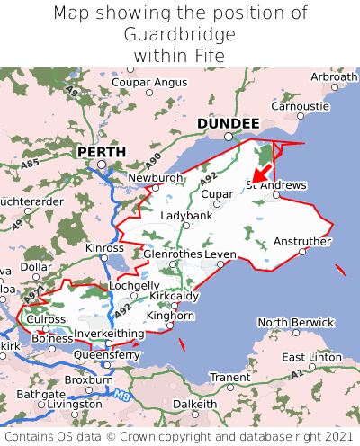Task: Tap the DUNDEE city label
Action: coord(228,123)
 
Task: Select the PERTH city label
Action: coord(102,152)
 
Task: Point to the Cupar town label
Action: coord(217,193)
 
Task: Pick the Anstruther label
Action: coord(302,240)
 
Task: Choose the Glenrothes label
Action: coord(173,254)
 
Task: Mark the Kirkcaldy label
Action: coord(175,296)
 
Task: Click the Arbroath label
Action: coord(334,77)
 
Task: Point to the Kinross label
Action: coord(103,247)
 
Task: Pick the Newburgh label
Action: coord(155,178)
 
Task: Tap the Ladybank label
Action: coord(186,216)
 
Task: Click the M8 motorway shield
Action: coord(122,393)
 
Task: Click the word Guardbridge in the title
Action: coord(180,34)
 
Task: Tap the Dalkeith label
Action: coord(195,404)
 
